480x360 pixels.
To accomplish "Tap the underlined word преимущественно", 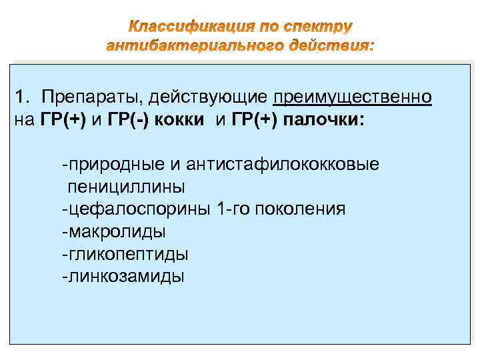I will point(353,98).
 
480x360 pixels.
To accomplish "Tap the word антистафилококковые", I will point(283,164).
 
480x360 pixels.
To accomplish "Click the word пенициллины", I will point(125,186).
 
